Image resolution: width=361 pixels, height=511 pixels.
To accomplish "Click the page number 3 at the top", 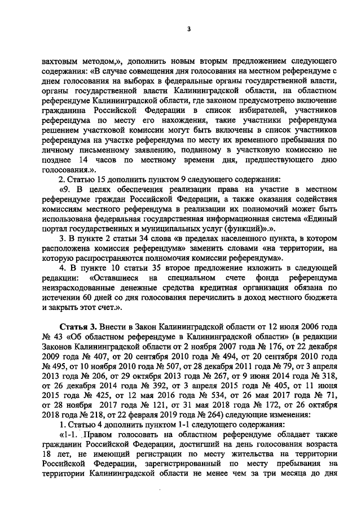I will (190, 29).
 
